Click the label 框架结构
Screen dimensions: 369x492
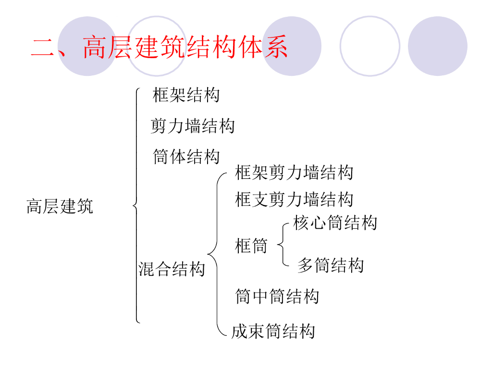[x=186, y=95]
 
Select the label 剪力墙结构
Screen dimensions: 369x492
[x=193, y=126]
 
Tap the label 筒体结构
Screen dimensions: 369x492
[x=186, y=157]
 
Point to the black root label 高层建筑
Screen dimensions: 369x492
[x=60, y=207]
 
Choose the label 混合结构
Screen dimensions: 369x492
[x=172, y=269]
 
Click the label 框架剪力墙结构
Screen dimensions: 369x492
[x=294, y=172]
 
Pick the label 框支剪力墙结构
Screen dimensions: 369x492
[x=294, y=199]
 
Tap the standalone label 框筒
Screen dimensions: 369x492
[x=251, y=246]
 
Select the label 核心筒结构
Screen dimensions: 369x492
[x=335, y=222]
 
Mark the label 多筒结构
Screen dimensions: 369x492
[x=331, y=265]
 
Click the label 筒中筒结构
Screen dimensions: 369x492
[x=277, y=296]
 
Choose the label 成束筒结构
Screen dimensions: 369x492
[x=273, y=331]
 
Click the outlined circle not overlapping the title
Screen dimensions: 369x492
[x=369, y=46]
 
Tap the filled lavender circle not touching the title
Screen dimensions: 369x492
[x=437, y=46]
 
